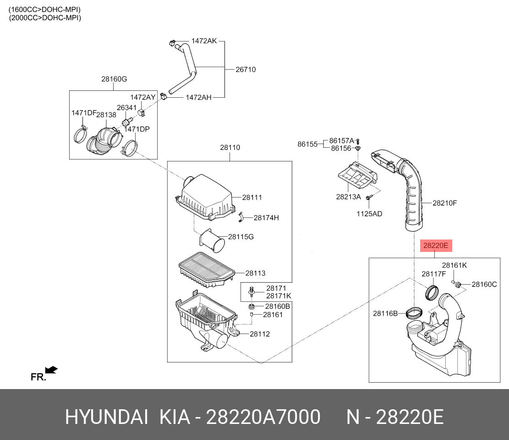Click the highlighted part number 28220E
[x=435, y=246]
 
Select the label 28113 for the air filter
[x=255, y=273]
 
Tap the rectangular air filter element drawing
[x=206, y=269]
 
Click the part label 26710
[x=246, y=70]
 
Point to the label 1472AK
[x=204, y=41]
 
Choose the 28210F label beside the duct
[x=445, y=203]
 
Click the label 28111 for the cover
[x=252, y=198]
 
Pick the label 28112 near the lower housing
[x=259, y=334]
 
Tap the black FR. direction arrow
[x=51, y=369]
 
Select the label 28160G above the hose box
[x=114, y=79]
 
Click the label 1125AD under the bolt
[x=369, y=214]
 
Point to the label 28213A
[x=349, y=197]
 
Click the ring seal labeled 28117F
[x=432, y=291]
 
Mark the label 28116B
[x=385, y=313]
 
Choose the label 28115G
[x=241, y=237]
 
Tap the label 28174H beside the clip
[x=266, y=218]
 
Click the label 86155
[x=307, y=144]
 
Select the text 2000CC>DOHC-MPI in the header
[x=45, y=18]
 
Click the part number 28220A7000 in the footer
[x=263, y=418]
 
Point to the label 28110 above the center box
[x=230, y=148]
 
